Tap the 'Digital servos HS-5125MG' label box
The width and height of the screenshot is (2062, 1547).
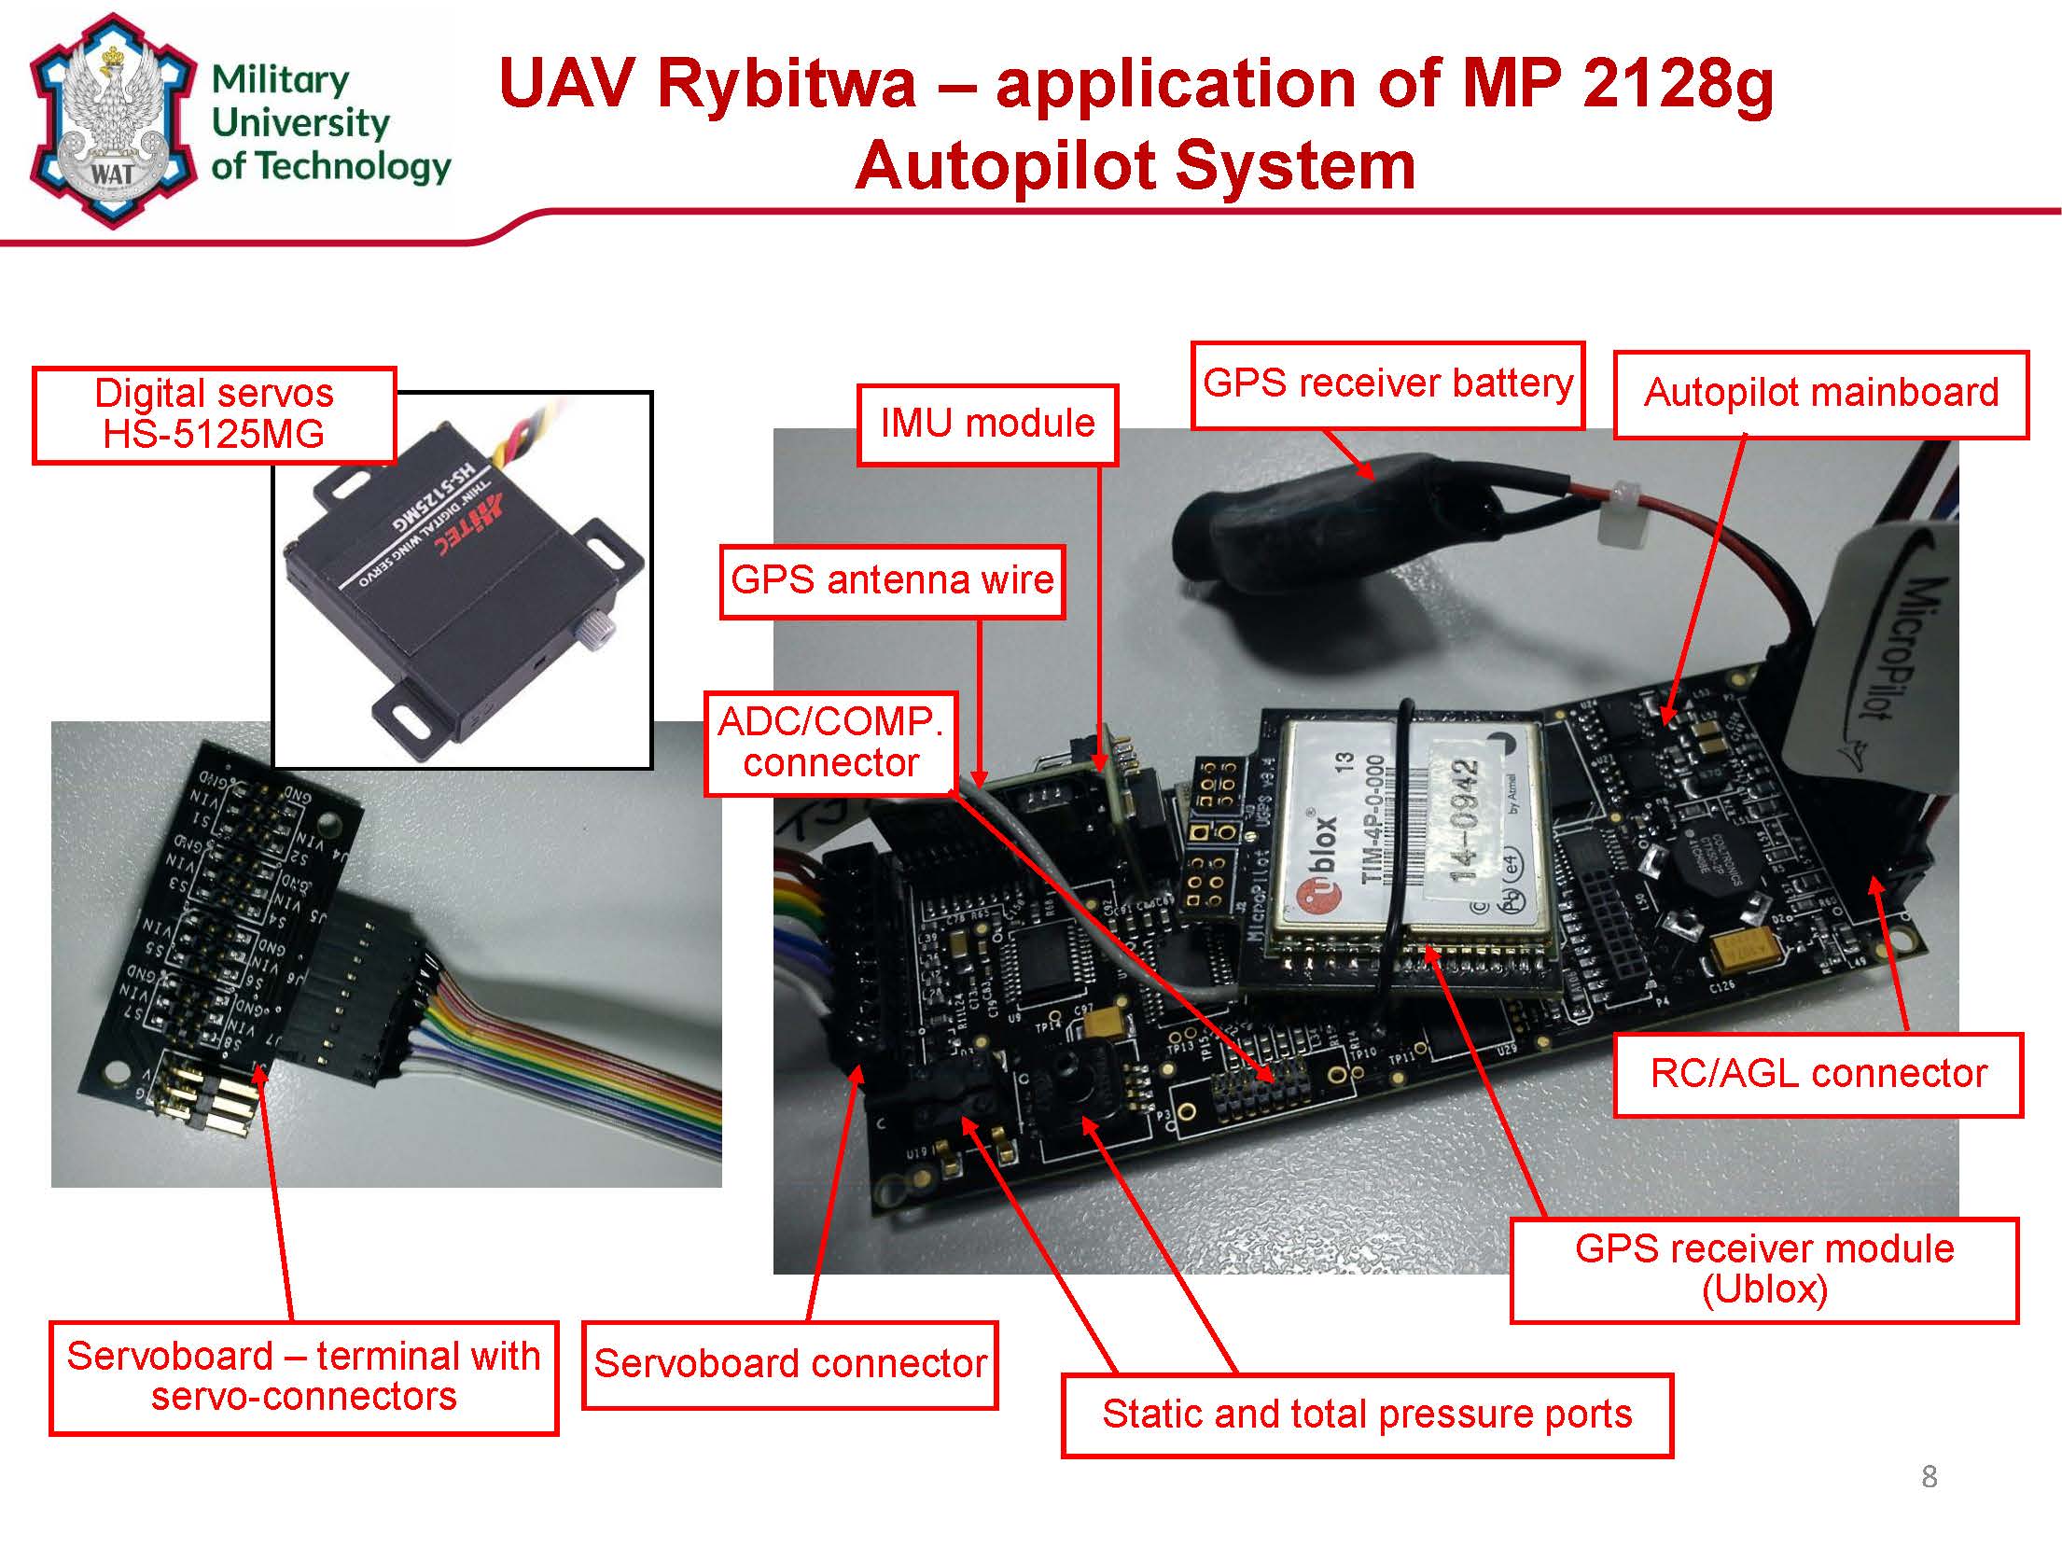(214, 414)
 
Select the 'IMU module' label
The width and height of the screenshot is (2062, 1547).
(987, 424)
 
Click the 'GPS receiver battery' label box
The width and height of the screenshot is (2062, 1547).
(1387, 384)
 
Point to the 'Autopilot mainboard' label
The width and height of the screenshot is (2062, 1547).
(1820, 394)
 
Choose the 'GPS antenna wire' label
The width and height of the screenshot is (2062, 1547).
(892, 580)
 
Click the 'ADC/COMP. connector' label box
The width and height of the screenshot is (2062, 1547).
(830, 743)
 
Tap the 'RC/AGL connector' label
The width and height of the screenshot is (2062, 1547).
(1818, 1074)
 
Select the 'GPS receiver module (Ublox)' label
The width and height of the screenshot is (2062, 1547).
(1763, 1269)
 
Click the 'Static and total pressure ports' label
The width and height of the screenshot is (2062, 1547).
(1367, 1415)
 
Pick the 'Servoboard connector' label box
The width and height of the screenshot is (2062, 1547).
(789, 1364)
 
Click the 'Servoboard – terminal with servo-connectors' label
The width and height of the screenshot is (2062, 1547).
(303, 1377)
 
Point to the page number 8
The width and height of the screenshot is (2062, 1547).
(1930, 1477)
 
